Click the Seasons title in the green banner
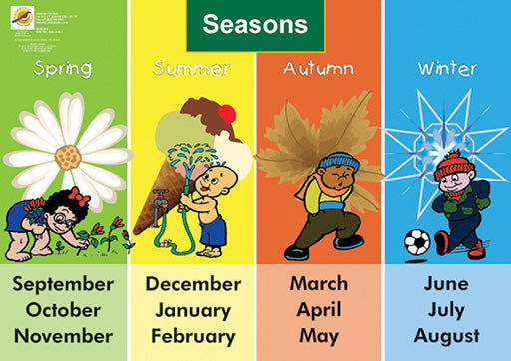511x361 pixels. [255, 25]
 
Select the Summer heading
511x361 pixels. [191, 69]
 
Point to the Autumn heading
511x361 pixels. [318, 69]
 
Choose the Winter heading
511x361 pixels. [446, 69]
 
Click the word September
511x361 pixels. [63, 283]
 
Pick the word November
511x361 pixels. [63, 335]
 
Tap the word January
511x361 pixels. [192, 309]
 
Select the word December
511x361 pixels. [192, 283]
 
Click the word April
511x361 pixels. [319, 309]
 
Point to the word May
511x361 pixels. [319, 335]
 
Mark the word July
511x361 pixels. [446, 309]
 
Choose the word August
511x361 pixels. [446, 335]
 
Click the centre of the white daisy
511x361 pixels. [68, 157]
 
